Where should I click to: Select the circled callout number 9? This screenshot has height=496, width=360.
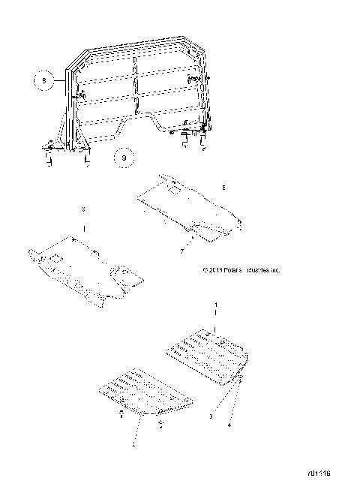tap(124, 158)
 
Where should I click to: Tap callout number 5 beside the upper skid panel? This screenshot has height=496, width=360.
tap(223, 184)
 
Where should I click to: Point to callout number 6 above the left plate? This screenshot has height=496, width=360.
tap(84, 209)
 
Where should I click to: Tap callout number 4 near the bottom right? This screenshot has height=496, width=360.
tap(231, 425)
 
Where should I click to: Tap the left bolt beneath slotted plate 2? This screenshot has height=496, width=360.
tap(121, 414)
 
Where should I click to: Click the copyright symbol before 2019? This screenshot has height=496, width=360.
tap(205, 269)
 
